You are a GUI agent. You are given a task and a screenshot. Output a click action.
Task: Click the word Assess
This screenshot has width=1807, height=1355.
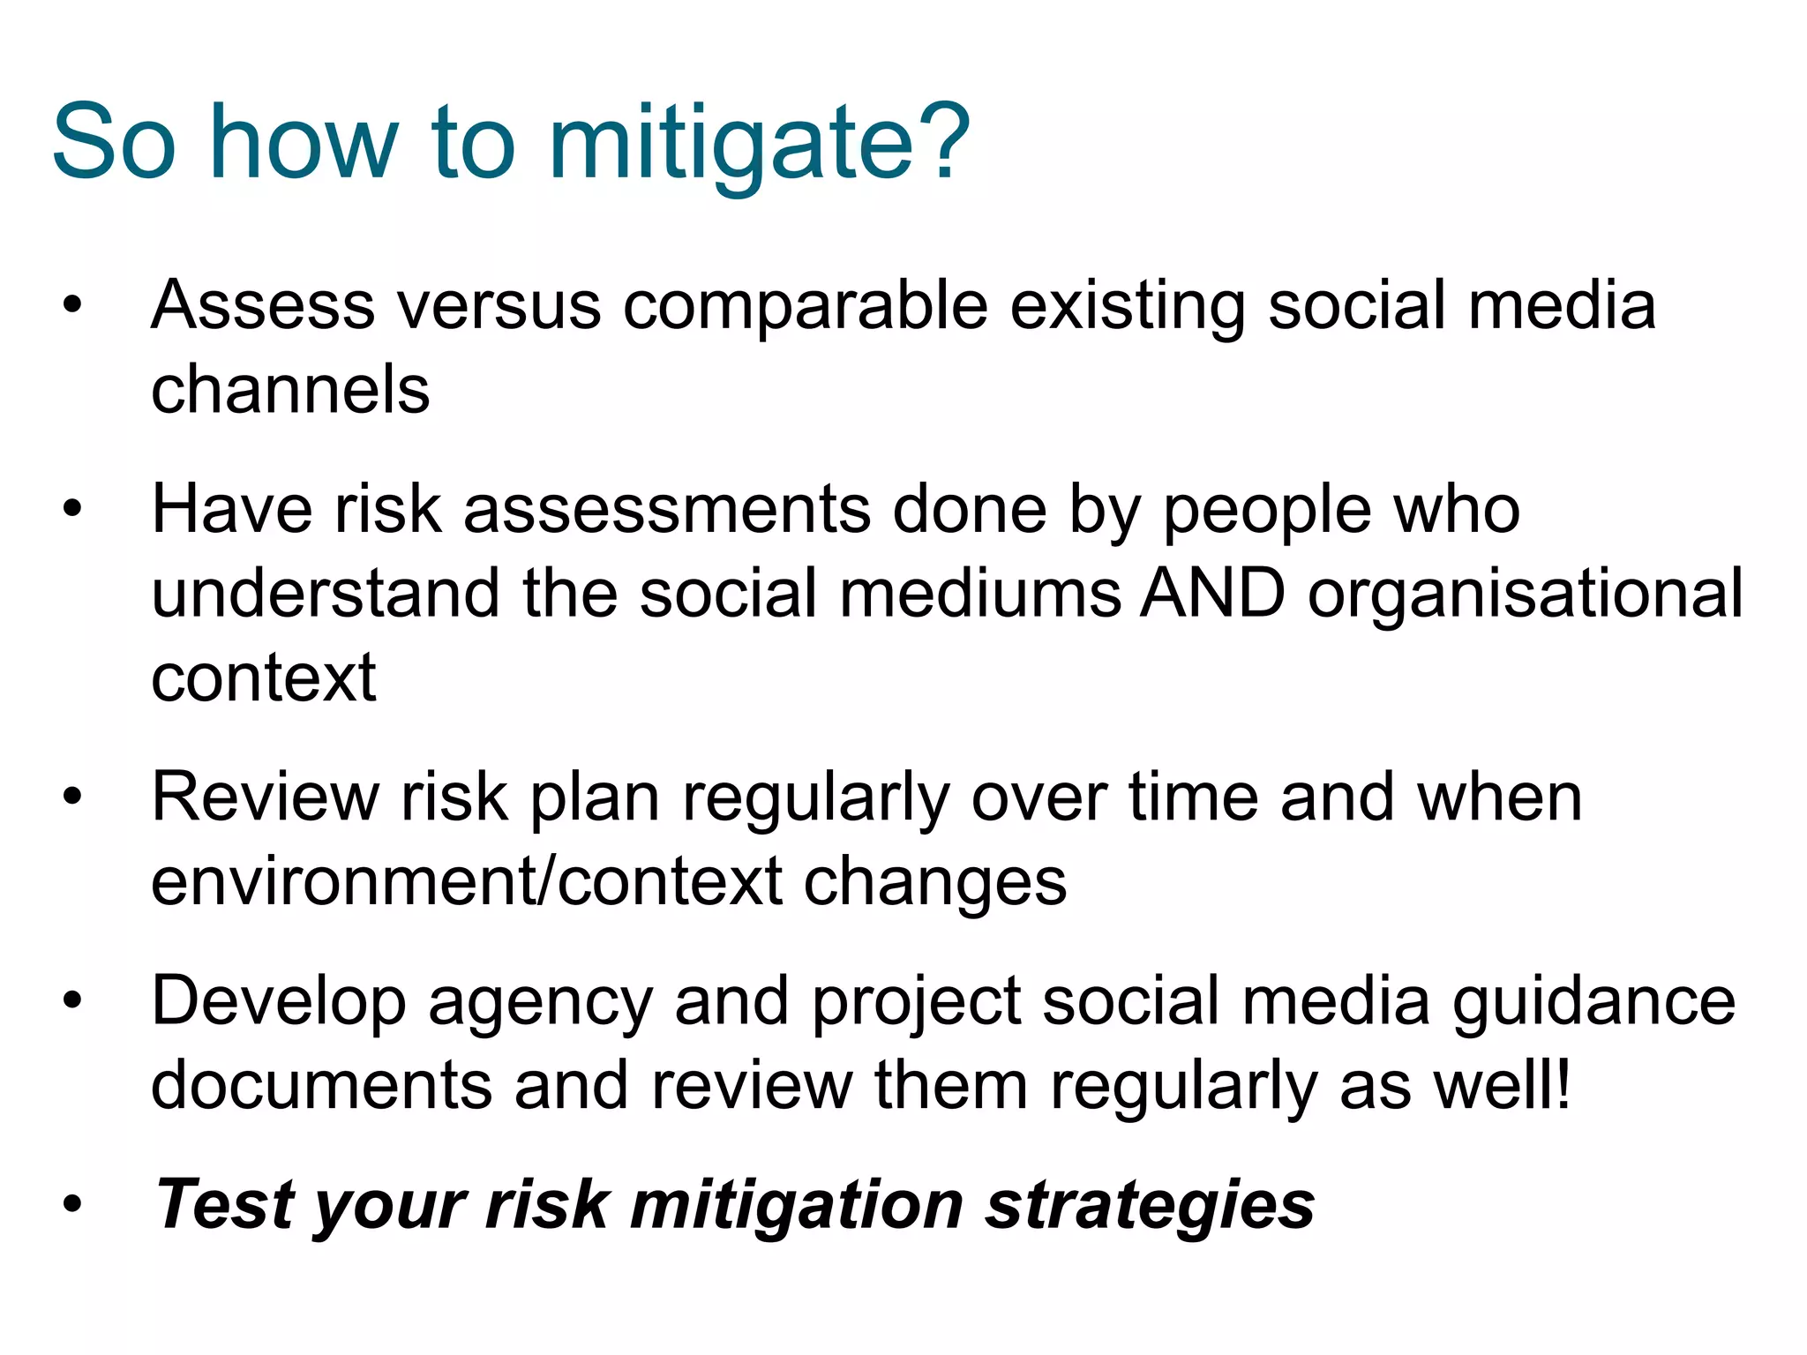coord(263,306)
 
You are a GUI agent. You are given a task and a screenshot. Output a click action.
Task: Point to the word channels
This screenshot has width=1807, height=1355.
coord(290,390)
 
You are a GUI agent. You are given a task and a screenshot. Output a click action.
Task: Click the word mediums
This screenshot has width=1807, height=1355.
coord(980,594)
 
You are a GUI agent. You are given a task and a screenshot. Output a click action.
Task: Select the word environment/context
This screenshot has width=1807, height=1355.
coord(467,882)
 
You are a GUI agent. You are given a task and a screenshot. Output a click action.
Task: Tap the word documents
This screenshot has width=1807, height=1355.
coord(321,1086)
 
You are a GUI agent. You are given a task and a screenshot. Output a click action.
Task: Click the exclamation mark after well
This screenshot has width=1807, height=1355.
coord(1563,1084)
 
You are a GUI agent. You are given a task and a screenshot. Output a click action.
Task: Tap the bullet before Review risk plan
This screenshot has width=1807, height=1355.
coord(72,797)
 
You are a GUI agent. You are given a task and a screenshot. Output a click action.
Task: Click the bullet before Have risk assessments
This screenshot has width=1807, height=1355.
coord(72,510)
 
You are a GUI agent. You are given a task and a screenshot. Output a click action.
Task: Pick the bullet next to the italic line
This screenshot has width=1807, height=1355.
coord(72,1204)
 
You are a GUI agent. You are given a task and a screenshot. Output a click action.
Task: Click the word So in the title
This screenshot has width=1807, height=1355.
coord(115,144)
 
